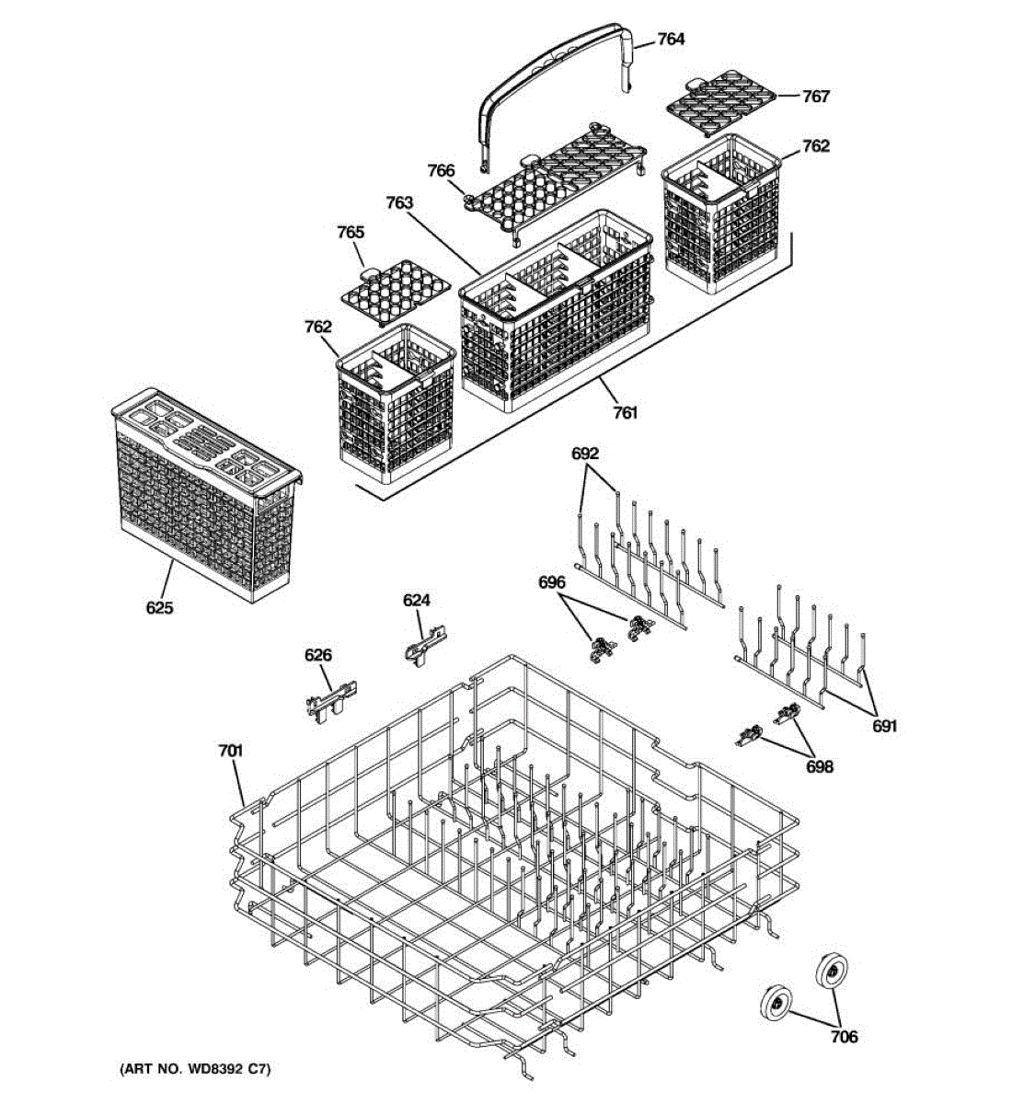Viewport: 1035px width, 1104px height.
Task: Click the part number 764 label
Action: tap(671, 39)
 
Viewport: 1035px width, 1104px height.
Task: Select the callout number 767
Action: tap(815, 96)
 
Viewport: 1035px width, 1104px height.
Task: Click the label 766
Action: tap(441, 170)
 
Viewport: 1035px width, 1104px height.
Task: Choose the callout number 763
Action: tap(399, 202)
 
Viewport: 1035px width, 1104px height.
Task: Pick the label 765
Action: tap(351, 232)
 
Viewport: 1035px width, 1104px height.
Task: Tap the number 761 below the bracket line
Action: tap(625, 413)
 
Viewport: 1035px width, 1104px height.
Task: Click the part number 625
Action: tap(159, 608)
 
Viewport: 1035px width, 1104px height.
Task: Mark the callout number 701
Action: tap(230, 752)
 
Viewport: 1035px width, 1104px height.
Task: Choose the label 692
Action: tap(585, 453)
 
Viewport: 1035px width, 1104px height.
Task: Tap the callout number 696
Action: tap(552, 582)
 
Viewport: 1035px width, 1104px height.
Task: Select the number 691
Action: tap(884, 726)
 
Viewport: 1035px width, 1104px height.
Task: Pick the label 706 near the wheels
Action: tap(844, 1037)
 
